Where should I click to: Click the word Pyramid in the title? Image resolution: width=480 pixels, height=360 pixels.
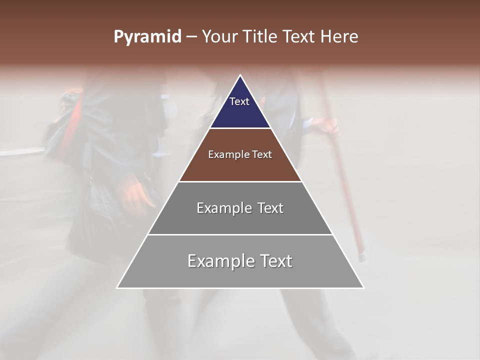click(147, 37)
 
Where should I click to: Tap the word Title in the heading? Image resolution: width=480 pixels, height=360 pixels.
click(261, 37)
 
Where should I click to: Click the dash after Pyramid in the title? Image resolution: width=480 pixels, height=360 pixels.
click(191, 37)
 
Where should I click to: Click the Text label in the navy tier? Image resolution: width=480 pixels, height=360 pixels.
click(239, 101)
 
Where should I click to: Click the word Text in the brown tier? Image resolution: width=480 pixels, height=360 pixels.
click(262, 154)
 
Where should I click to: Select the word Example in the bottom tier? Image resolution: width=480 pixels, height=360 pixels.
click(218, 261)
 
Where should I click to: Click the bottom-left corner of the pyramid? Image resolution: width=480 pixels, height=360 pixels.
click(117, 287)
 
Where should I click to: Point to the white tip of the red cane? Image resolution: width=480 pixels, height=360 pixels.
click(362, 257)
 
